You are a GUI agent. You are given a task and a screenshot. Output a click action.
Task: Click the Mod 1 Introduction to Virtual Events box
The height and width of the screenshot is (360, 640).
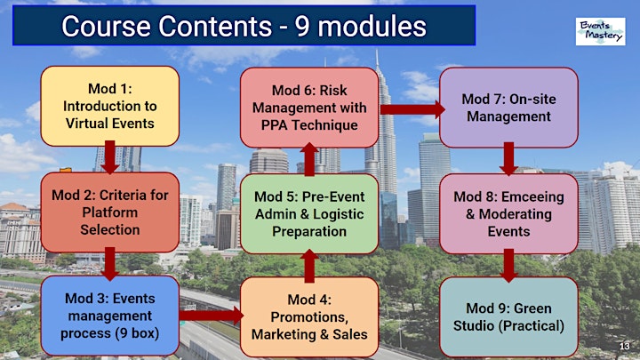110,106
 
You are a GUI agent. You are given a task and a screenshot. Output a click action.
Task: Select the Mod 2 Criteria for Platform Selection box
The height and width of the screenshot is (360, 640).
110,212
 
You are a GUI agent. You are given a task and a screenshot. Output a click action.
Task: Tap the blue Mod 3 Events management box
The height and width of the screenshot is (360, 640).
110,316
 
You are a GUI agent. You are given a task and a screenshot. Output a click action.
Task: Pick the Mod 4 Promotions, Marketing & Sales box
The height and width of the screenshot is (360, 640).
309,316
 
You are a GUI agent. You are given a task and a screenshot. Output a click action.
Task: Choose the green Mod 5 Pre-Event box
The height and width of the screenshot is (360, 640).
309,214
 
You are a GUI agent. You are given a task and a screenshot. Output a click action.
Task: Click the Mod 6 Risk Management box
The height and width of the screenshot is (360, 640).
309,108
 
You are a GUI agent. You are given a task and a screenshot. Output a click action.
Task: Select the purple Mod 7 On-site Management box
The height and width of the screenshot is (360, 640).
508,108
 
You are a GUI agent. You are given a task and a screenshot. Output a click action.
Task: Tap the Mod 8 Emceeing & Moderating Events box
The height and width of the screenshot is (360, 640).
508,214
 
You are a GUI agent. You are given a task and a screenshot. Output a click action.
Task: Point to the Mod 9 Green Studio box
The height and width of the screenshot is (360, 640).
508,316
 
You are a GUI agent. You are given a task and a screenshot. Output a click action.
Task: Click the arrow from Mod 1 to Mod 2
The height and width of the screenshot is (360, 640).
110,157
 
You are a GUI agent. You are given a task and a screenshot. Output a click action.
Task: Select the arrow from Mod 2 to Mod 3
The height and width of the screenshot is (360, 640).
110,264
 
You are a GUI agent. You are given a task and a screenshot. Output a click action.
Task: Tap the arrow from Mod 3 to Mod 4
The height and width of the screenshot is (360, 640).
211,316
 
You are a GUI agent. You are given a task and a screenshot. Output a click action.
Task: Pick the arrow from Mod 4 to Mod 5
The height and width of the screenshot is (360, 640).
309,266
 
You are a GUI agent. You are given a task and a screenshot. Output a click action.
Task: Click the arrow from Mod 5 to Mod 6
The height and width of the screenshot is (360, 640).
309,159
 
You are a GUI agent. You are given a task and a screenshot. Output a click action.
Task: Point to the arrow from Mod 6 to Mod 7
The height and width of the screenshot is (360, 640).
412,109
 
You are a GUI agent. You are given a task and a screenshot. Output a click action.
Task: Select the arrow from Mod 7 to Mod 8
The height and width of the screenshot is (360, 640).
508,159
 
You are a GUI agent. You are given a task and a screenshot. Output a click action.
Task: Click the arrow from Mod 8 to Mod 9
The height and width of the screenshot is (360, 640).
508,265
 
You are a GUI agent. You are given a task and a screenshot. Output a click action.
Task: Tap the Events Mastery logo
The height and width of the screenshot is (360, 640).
600,31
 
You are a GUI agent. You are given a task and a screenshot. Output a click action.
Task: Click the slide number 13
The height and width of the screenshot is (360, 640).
625,346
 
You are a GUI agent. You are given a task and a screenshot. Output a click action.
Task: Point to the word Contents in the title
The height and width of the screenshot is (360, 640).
215,26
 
